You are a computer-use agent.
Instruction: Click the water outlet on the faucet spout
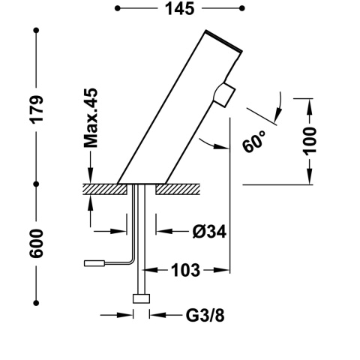[224, 94]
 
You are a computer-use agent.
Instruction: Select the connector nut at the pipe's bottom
[140, 298]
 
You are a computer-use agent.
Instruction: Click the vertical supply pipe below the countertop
[139, 240]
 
